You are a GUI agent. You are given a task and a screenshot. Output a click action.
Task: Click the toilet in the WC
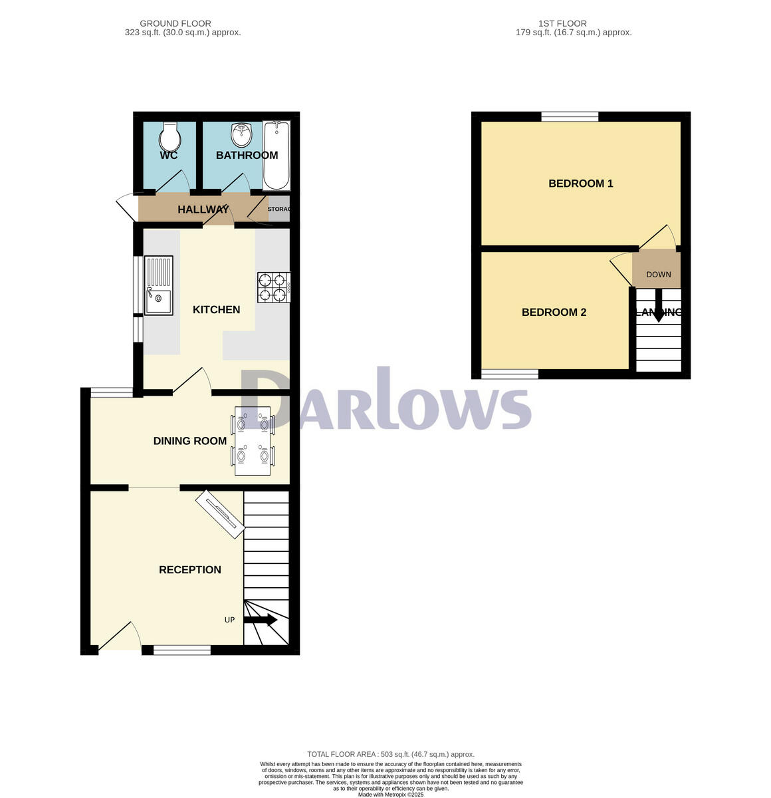[170, 137]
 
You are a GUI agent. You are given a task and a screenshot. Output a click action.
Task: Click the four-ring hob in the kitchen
[273, 288]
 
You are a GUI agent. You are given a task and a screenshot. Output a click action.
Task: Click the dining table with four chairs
[253, 440]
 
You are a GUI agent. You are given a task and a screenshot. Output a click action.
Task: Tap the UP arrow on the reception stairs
[261, 620]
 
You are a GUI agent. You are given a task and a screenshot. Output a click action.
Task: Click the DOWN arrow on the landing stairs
[658, 307]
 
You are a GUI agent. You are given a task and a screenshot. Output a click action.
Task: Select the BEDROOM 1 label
[580, 184]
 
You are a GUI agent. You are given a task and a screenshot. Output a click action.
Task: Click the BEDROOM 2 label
[554, 313]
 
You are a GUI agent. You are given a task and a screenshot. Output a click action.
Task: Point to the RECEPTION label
[190, 570]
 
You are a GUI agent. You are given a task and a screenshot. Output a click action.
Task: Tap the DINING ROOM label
[190, 441]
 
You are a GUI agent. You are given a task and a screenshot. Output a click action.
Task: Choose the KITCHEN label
[216, 310]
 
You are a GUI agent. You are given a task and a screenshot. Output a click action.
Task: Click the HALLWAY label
[203, 210]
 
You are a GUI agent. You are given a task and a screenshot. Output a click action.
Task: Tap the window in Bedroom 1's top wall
[570, 117]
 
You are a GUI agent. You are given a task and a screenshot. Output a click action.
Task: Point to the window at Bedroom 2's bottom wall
[510, 374]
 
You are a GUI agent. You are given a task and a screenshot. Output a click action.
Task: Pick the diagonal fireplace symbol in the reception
[220, 513]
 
